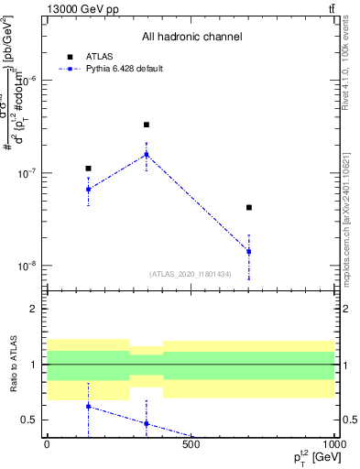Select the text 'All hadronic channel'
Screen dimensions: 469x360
coord(191,37)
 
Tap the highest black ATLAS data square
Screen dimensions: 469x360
coord(147,125)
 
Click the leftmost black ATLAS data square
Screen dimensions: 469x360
coord(88,169)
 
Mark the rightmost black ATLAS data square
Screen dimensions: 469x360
coord(248,208)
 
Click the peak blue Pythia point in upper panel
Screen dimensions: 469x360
coord(147,155)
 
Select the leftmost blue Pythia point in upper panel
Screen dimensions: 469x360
coord(88,189)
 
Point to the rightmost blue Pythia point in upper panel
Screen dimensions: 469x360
coord(248,251)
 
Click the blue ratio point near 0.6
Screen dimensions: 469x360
coord(88,406)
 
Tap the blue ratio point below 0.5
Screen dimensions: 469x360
coord(147,423)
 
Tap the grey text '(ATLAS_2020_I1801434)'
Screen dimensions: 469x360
coord(191,274)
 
